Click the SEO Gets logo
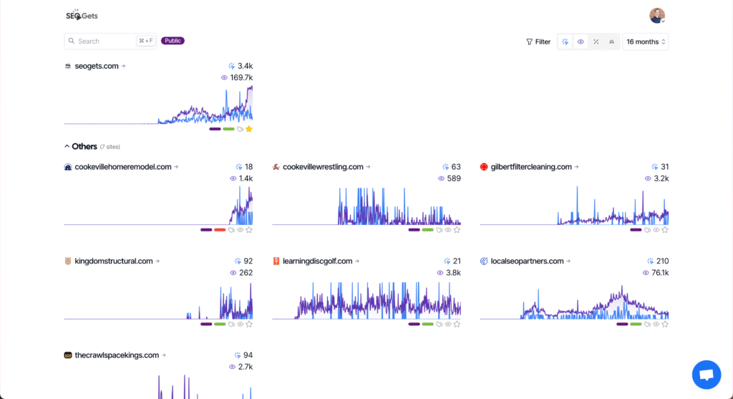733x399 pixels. [81, 15]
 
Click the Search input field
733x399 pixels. [104, 42]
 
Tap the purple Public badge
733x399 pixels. [173, 41]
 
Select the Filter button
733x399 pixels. [538, 42]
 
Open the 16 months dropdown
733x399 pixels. [646, 42]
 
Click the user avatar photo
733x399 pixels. [656, 15]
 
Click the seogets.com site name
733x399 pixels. [97, 66]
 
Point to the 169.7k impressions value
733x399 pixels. [241, 77]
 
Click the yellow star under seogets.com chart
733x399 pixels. [249, 129]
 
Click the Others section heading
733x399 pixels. [84, 146]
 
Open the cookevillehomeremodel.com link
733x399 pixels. [122, 167]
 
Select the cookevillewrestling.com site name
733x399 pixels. [324, 167]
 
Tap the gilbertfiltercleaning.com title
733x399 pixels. [531, 167]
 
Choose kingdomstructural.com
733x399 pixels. [114, 261]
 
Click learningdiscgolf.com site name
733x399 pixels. [317, 261]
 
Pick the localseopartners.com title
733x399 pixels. [527, 261]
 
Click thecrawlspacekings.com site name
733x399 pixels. [117, 355]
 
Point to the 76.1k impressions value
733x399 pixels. [656, 273]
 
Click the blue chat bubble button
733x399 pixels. [706, 375]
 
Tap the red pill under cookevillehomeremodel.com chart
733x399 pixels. [220, 230]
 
